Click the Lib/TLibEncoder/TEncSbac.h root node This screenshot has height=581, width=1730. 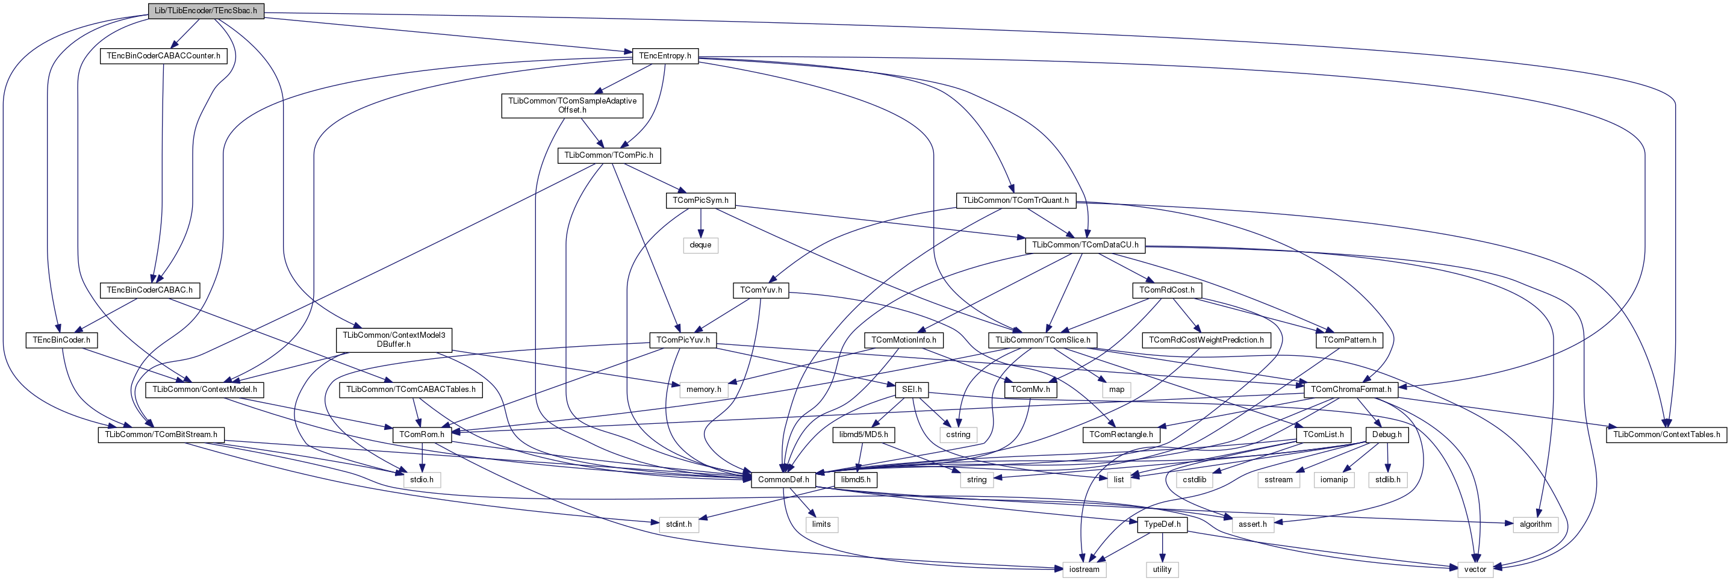pyautogui.click(x=205, y=11)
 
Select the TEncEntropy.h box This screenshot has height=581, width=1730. pyautogui.click(x=665, y=56)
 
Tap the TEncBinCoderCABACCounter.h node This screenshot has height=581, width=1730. pyautogui.click(x=163, y=56)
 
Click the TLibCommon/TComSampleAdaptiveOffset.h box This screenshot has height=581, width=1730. pyautogui.click(x=572, y=105)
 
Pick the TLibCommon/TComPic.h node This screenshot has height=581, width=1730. pyautogui.click(x=608, y=155)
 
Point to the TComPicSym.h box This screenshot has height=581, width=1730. pyautogui.click(x=700, y=200)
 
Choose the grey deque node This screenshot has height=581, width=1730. pyautogui.click(x=700, y=245)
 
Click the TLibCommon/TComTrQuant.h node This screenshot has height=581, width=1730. pyautogui.click(x=1015, y=200)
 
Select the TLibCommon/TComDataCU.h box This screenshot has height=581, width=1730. pyautogui.click(x=1085, y=245)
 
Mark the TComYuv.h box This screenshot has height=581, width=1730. pyautogui.click(x=761, y=290)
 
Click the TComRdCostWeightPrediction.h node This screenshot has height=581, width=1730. pyautogui.click(x=1206, y=340)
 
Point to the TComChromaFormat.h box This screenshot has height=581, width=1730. pyautogui.click(x=1351, y=390)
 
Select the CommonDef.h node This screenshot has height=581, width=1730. pyautogui.click(x=783, y=480)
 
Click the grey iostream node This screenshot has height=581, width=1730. pyautogui.click(x=1084, y=570)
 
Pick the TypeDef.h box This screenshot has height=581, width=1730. pyautogui.click(x=1162, y=524)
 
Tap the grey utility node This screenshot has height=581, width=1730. pyautogui.click(x=1162, y=570)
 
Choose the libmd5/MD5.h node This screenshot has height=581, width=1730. pyautogui.click(x=863, y=435)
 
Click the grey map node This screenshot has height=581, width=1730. pyautogui.click(x=1116, y=390)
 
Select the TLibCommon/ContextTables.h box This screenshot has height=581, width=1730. pyautogui.click(x=1666, y=435)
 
